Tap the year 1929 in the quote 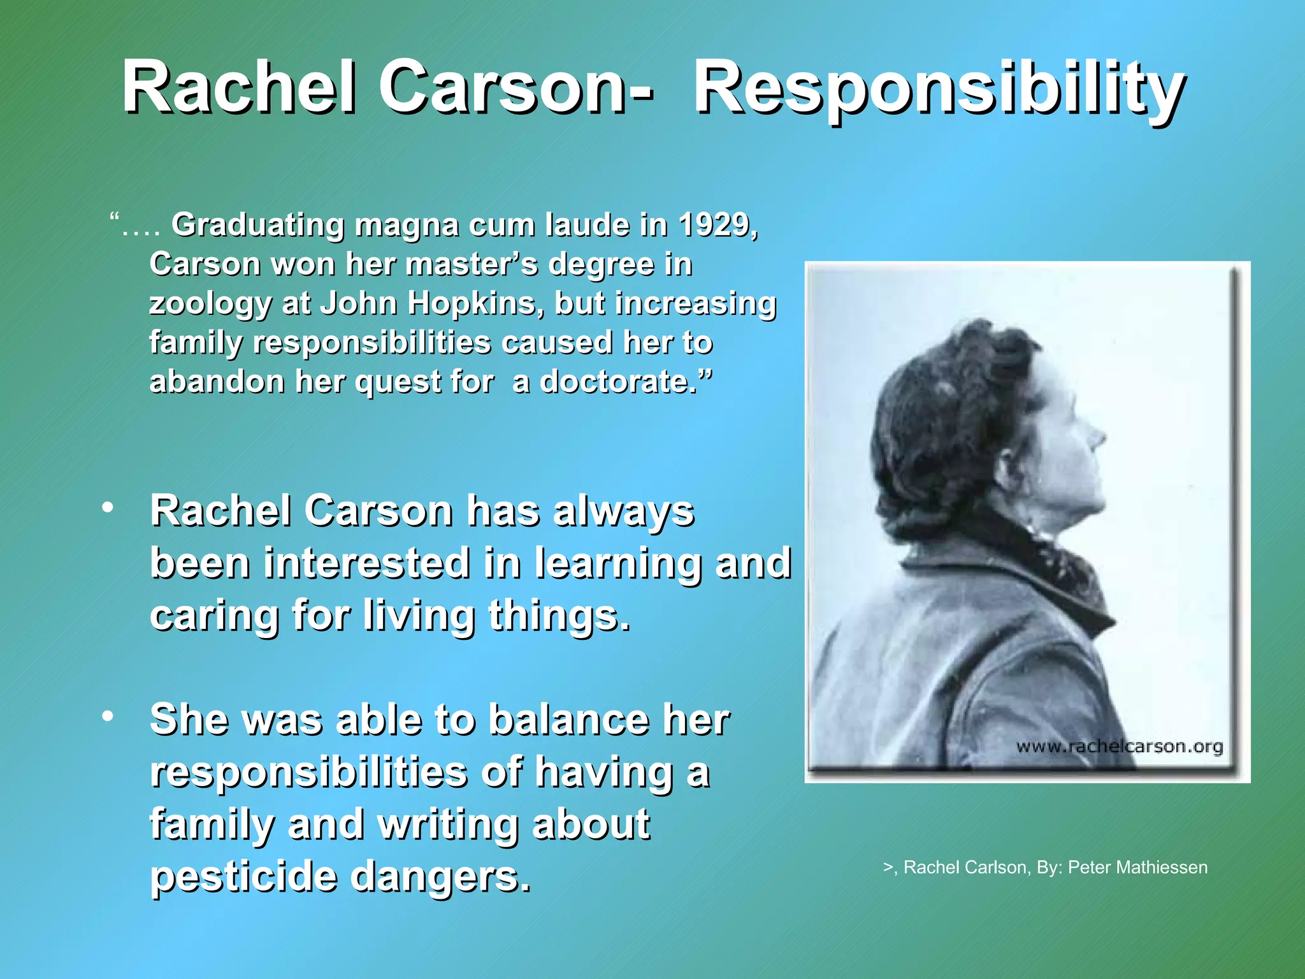[716, 225]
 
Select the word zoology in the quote [210, 304]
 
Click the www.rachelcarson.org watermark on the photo [1119, 746]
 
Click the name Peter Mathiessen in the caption [1137, 867]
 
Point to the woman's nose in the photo [1097, 435]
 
